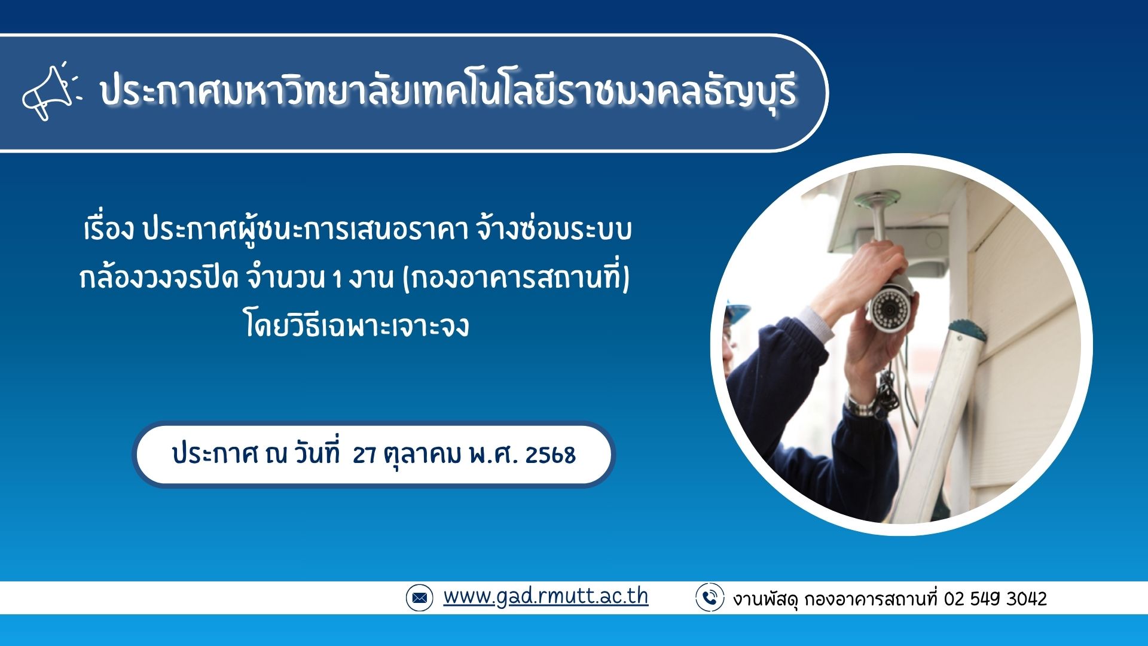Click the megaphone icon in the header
click(51, 92)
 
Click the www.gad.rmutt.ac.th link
click(545, 596)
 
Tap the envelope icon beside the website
click(419, 597)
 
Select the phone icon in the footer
click(710, 597)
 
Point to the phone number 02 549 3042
click(996, 599)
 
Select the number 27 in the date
click(364, 455)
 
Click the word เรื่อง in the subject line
click(108, 230)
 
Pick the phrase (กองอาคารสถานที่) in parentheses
click(517, 278)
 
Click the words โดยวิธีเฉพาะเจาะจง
click(357, 326)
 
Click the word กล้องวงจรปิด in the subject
click(158, 278)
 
